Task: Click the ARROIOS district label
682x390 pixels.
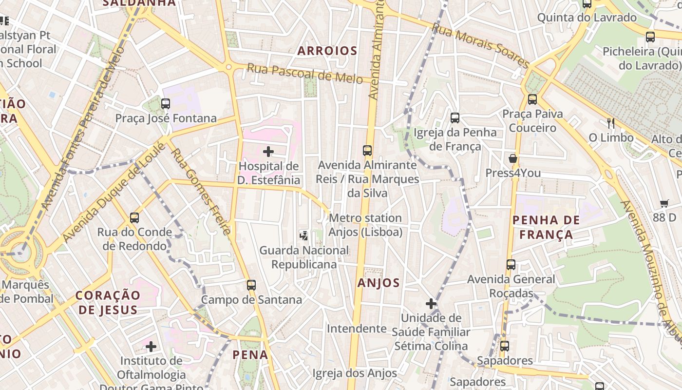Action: [327, 51]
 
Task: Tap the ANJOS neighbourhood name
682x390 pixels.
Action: [379, 283]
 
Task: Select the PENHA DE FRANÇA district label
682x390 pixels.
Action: [546, 227]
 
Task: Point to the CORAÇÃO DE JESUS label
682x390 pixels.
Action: [108, 302]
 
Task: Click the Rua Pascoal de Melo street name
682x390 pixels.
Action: [304, 74]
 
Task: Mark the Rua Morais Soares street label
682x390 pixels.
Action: [480, 46]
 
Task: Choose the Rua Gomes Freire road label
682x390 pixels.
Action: [200, 191]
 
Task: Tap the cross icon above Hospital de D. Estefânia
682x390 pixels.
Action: [268, 152]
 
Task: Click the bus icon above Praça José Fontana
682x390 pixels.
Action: [166, 103]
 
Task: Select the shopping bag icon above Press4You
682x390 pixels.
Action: [513, 158]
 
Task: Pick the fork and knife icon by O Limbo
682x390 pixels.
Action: [611, 123]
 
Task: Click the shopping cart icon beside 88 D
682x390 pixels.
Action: [664, 203]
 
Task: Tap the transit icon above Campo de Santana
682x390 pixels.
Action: [251, 285]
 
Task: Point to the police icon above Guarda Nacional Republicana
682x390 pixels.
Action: [304, 236]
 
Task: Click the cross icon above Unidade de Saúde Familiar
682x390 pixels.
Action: [431, 304]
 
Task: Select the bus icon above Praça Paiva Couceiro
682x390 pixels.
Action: [532, 99]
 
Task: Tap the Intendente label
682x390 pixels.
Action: [357, 329]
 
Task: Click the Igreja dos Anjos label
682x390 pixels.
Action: [355, 373]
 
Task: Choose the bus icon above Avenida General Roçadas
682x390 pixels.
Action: [511, 265]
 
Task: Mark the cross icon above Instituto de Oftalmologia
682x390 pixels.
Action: [151, 347]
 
